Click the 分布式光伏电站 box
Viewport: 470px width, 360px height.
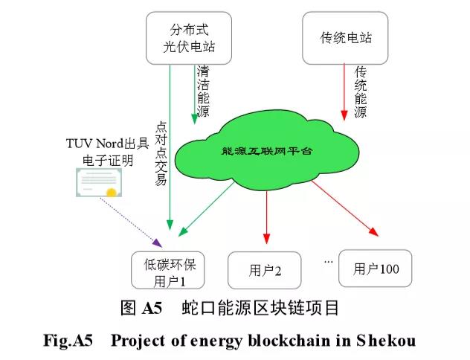[x=183, y=38]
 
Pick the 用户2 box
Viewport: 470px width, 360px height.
[x=265, y=271]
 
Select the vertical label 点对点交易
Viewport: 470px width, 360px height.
[x=160, y=152]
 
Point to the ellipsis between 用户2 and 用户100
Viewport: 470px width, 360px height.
[x=327, y=262]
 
